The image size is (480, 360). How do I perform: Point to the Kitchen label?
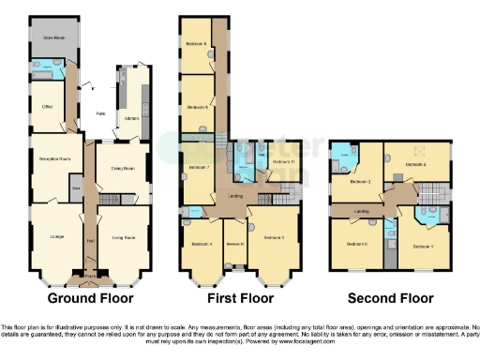130,119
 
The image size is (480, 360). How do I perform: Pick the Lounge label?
54,235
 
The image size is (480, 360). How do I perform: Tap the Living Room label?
123,236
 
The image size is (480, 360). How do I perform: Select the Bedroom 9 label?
196,107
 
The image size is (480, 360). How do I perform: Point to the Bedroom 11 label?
284,162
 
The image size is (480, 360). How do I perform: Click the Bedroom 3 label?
274,237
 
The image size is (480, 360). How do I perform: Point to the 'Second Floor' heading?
390,298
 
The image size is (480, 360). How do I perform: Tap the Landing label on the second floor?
361,212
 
